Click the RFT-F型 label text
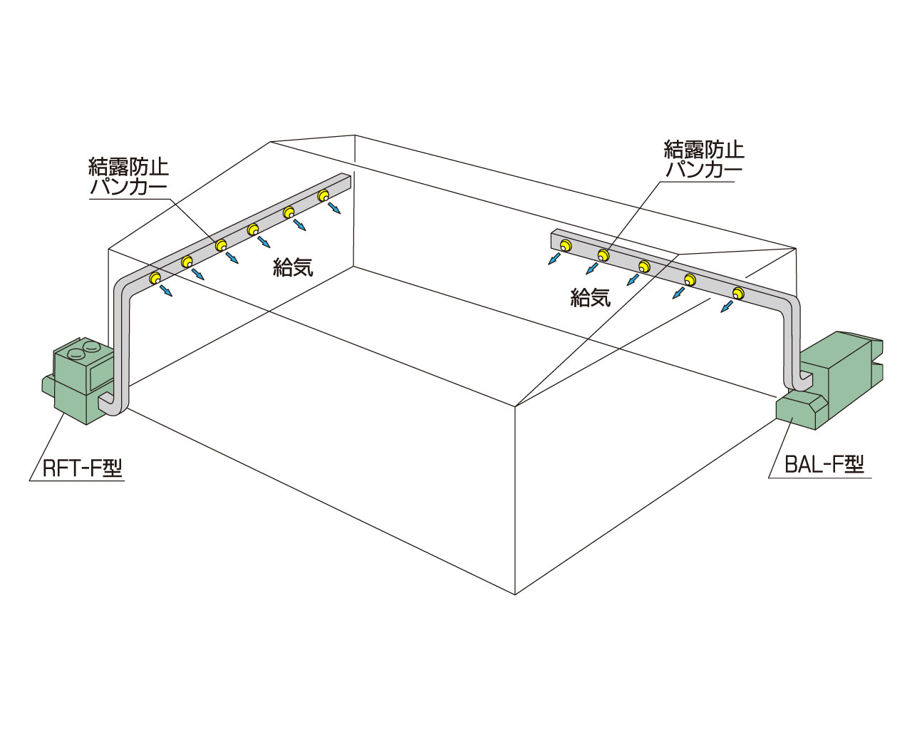[x=83, y=468]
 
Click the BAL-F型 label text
[x=824, y=465]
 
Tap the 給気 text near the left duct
[x=293, y=267]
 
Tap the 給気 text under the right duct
[x=591, y=297]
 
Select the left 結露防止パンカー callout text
[x=128, y=177]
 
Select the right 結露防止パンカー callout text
[x=704, y=159]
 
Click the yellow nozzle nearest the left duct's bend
[x=155, y=278]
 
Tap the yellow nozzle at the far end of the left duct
[x=323, y=195]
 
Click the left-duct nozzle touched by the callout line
[x=221, y=245]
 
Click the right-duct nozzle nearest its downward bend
[x=738, y=293]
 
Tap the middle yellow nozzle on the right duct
[x=644, y=267]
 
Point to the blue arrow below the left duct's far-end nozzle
[x=334, y=208]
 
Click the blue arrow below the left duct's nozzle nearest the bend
[x=166, y=291]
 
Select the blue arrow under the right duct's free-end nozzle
[x=554, y=258]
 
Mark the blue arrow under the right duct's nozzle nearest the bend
[x=727, y=307]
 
